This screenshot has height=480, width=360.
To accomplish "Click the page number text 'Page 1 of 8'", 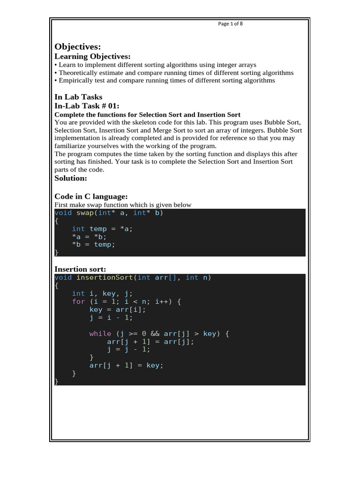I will point(230,24).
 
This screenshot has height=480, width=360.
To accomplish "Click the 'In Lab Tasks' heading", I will point(78,97).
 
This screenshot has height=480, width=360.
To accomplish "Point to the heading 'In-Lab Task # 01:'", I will point(87,106).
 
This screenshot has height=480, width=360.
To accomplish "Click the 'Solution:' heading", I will point(71,178).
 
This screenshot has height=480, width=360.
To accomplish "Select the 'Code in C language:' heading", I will point(91,196).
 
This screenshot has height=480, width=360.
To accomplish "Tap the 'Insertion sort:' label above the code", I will point(80,269).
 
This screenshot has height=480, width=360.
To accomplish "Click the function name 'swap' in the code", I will point(85,213).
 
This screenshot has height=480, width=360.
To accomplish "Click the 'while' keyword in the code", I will point(100,334).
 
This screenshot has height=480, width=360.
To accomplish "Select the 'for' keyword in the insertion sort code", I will point(78,301).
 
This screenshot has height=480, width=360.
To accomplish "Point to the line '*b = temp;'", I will point(93,244).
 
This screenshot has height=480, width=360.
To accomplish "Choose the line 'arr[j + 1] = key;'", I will point(127,366).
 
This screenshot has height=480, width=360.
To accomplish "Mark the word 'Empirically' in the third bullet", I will point(75,81).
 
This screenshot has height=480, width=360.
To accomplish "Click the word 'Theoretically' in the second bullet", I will point(78,73).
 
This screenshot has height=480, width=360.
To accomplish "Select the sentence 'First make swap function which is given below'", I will point(123,205).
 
